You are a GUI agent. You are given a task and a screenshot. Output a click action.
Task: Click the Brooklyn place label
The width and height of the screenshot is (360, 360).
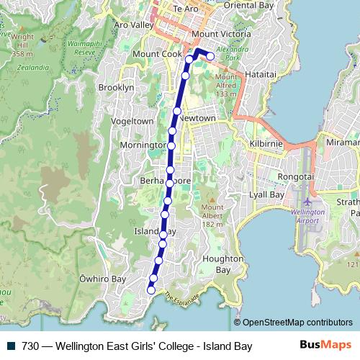[x=116, y=87]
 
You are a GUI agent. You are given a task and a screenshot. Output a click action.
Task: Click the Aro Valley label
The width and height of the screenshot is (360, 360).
[x=134, y=24]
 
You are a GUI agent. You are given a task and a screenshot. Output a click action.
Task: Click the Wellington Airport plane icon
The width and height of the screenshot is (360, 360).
[x=308, y=200]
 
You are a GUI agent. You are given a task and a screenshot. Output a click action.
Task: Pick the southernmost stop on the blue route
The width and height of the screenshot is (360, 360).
[x=151, y=290]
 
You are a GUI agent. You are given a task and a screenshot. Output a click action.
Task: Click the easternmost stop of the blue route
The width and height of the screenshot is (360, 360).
[x=210, y=57]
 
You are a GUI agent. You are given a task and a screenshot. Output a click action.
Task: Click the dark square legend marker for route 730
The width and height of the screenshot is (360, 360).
[x=11, y=346]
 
